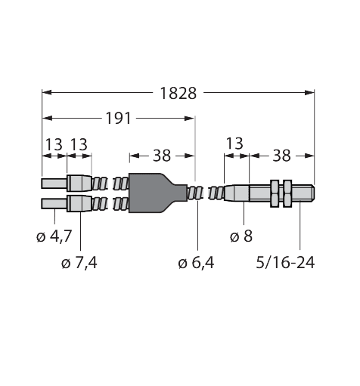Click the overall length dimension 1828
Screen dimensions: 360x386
pos(178,94)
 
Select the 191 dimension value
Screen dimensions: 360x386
pos(119,119)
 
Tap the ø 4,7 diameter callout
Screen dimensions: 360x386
pos(54,236)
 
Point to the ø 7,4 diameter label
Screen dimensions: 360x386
pos(79,263)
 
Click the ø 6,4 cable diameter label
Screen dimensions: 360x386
pos(196,263)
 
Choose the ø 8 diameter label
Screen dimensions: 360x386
pos(241,236)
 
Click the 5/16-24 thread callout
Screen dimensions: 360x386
pos(285,263)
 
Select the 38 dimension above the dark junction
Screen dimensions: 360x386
pos(162,156)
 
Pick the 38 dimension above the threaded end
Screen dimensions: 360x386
pos(281,156)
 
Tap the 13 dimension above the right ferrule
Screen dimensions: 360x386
pos(234,144)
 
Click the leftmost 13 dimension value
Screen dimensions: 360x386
pos(54,144)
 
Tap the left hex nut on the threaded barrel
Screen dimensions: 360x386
pos(275,193)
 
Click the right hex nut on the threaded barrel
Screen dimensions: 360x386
pos(287,193)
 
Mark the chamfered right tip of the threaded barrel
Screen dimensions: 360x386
pos(312,193)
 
